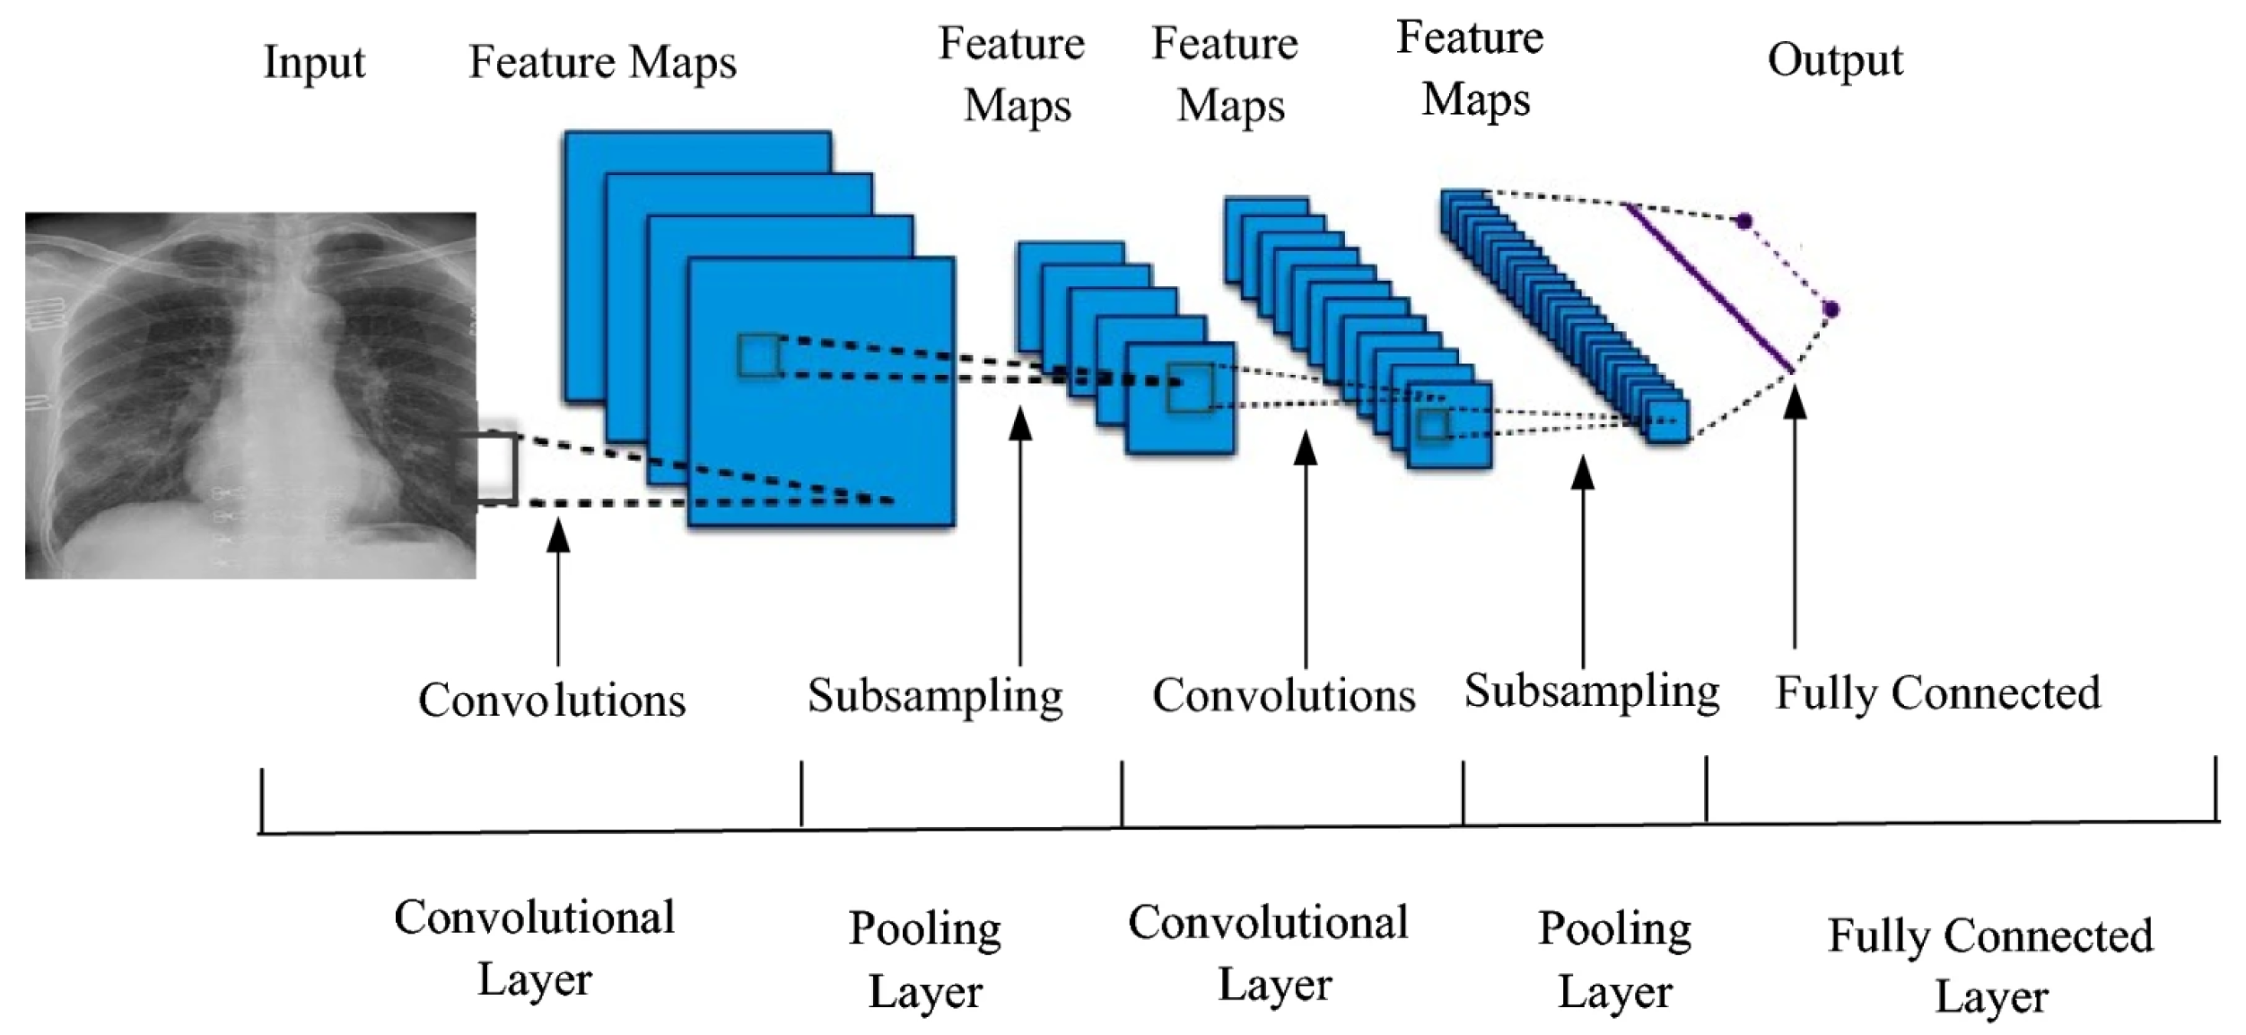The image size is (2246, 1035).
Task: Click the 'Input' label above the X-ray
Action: coord(314,63)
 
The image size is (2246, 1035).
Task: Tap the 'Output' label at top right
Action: coord(1834,61)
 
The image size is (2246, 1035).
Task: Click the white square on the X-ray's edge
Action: coord(493,466)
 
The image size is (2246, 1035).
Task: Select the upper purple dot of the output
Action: coord(1743,221)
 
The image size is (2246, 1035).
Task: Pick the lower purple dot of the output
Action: coord(1831,309)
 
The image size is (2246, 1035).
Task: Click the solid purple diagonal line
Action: coord(1709,287)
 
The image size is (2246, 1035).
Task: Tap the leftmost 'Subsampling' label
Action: coord(935,695)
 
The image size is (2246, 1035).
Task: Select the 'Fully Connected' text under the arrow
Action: coord(1938,693)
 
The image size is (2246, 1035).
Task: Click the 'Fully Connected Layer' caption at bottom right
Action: coord(1990,965)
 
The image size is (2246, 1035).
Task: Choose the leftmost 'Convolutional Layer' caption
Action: coord(535,947)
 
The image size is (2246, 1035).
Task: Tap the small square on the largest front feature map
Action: coord(759,356)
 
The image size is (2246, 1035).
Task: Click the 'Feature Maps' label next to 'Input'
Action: coord(602,63)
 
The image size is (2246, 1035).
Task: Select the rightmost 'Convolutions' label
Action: coord(1283,695)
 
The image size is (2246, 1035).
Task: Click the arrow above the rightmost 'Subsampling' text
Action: coord(1583,556)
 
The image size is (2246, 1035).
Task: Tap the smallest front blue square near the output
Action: coord(1667,422)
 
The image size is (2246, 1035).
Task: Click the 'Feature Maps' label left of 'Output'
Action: coord(1472,68)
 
